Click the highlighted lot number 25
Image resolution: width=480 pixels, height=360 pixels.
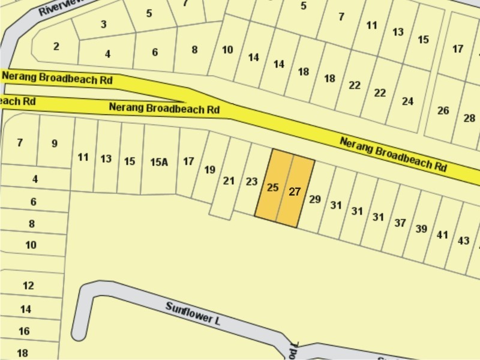[272, 188]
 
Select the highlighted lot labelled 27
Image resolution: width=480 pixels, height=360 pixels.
[295, 192]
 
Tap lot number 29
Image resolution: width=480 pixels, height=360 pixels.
[315, 199]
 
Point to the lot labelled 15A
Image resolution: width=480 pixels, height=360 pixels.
[159, 161]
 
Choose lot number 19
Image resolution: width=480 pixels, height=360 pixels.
[209, 170]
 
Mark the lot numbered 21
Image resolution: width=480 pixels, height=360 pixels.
[229, 180]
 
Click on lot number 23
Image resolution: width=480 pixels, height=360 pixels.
[252, 181]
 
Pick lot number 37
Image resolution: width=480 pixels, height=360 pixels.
[400, 223]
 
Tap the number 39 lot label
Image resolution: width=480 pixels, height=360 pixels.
[421, 229]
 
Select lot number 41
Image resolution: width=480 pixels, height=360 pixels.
[442, 235]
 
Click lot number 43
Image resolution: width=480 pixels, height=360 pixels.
[463, 240]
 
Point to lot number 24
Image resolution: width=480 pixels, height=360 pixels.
[408, 101]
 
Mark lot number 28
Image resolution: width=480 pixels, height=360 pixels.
[469, 118]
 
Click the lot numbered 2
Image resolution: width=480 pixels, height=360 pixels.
[56, 46]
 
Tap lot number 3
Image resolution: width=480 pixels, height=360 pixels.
[104, 24]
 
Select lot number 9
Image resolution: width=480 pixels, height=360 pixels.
[55, 143]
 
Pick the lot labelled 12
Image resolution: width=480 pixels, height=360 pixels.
[28, 286]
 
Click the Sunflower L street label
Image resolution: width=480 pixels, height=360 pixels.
[194, 313]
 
